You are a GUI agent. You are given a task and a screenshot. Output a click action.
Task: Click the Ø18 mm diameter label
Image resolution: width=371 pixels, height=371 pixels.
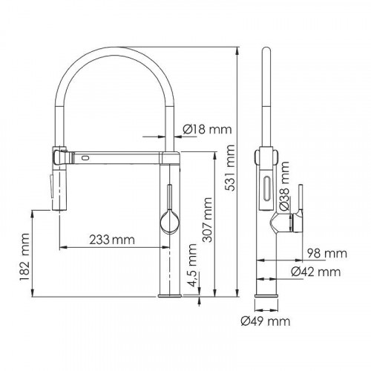tap(206, 131)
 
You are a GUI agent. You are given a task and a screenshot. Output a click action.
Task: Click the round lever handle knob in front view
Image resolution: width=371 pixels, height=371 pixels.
tap(168, 220)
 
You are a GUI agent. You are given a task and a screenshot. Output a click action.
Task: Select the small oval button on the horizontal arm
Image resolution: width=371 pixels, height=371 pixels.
tap(86, 158)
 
